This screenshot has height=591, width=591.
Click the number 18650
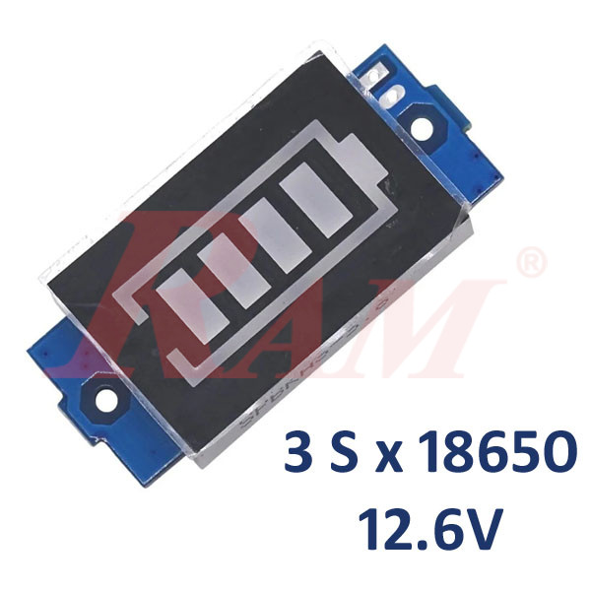(493, 454)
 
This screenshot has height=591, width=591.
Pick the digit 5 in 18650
(528, 454)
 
